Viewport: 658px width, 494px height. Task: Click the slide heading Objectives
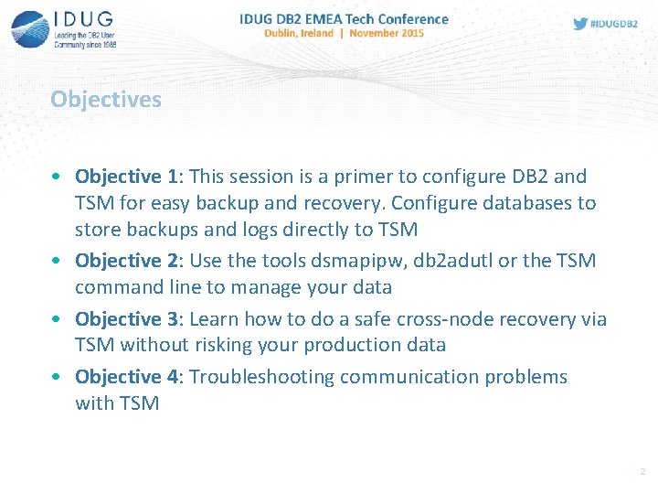coord(105,99)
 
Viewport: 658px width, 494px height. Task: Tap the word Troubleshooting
coord(266,376)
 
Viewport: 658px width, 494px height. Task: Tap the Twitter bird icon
coord(580,24)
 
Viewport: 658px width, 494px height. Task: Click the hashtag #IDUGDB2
coord(614,24)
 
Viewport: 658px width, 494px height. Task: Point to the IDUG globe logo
coord(30,29)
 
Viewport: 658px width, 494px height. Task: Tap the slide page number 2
coord(642,472)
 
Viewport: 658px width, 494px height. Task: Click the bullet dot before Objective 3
coord(58,319)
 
